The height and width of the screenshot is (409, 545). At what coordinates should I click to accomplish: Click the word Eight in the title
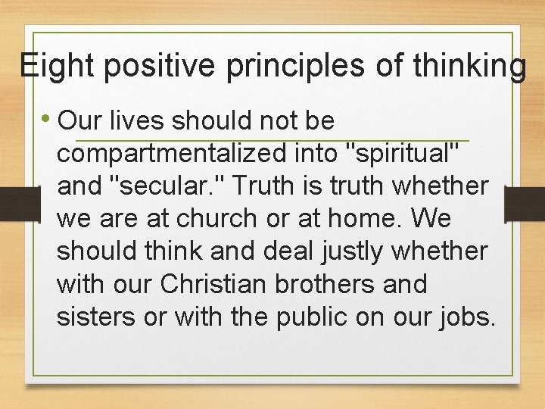point(58,66)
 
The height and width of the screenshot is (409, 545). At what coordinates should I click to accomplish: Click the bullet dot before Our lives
point(46,120)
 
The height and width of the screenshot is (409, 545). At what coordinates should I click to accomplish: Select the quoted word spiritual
point(402,154)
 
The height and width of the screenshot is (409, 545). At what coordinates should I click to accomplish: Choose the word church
point(215,219)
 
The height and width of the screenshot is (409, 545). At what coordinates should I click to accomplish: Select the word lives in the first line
point(139,121)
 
